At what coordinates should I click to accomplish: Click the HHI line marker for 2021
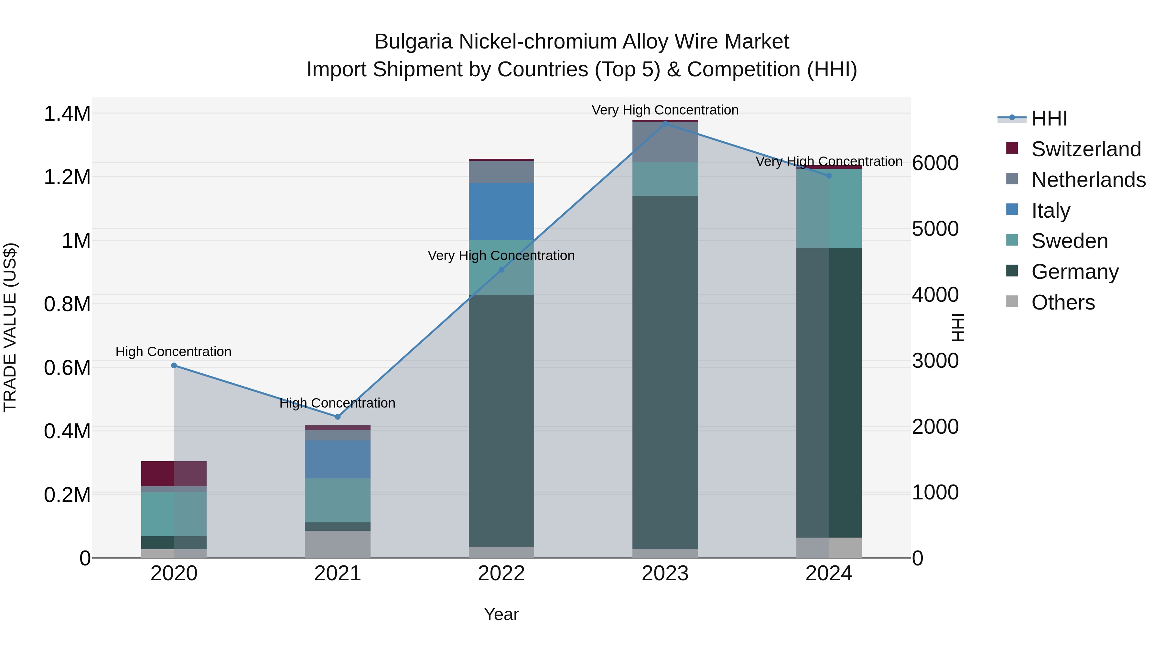coord(338,417)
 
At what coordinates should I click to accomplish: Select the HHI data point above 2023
coord(665,124)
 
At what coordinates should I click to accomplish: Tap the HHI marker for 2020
coord(174,365)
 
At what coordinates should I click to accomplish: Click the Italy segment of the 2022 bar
coord(501,211)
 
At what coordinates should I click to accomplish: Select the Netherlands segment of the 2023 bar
coord(665,142)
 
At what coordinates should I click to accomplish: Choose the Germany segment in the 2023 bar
coord(665,372)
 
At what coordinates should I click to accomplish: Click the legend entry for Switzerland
coord(1086,149)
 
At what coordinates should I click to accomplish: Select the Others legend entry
coord(1063,302)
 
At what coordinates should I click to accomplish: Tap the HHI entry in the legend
coord(1049,118)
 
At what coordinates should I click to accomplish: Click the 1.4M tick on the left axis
coord(67,114)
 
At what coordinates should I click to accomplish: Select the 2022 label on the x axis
coord(501,573)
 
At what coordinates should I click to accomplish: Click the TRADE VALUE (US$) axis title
coord(10,327)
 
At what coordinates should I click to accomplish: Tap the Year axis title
coord(501,614)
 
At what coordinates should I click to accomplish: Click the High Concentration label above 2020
coord(174,351)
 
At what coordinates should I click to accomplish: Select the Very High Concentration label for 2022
coord(501,256)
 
